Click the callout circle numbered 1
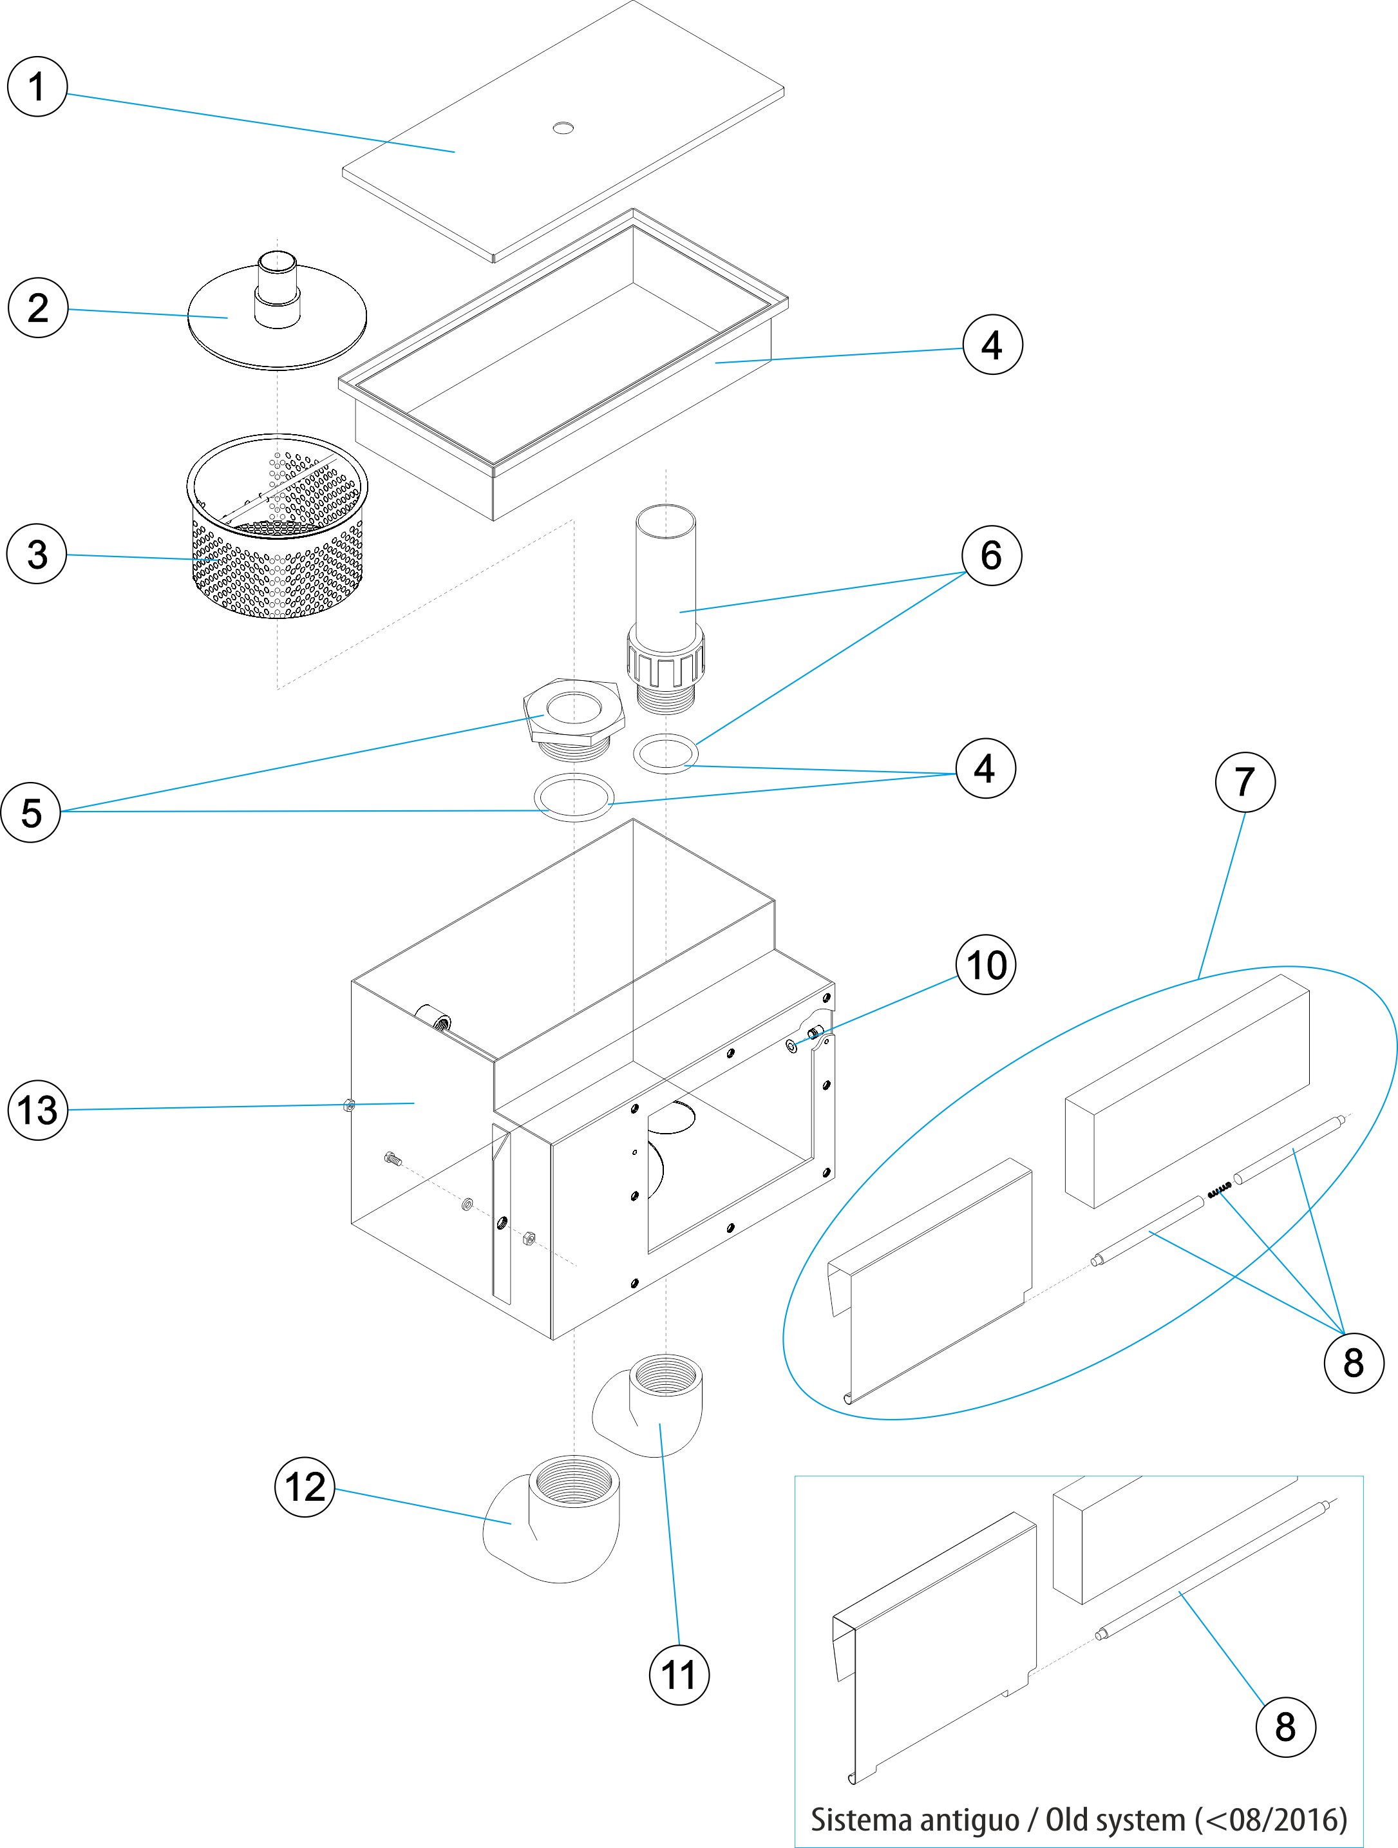(37, 87)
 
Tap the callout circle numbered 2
(37, 307)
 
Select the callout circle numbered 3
(37, 554)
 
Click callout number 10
(985, 965)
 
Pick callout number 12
(305, 1487)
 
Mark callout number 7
(1244, 782)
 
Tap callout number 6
(991, 555)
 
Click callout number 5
(31, 812)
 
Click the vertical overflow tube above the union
(666, 568)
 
